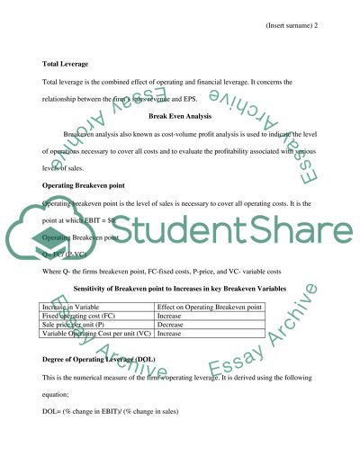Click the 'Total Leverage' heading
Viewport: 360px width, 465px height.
tap(66, 64)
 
